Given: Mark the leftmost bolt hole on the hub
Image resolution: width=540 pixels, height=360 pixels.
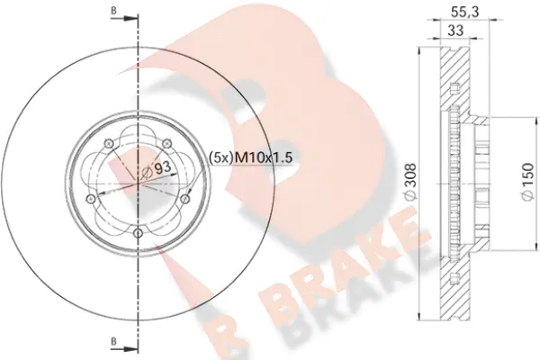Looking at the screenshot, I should pos(89,199).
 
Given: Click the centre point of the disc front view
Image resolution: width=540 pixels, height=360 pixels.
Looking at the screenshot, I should pos(136,184).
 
